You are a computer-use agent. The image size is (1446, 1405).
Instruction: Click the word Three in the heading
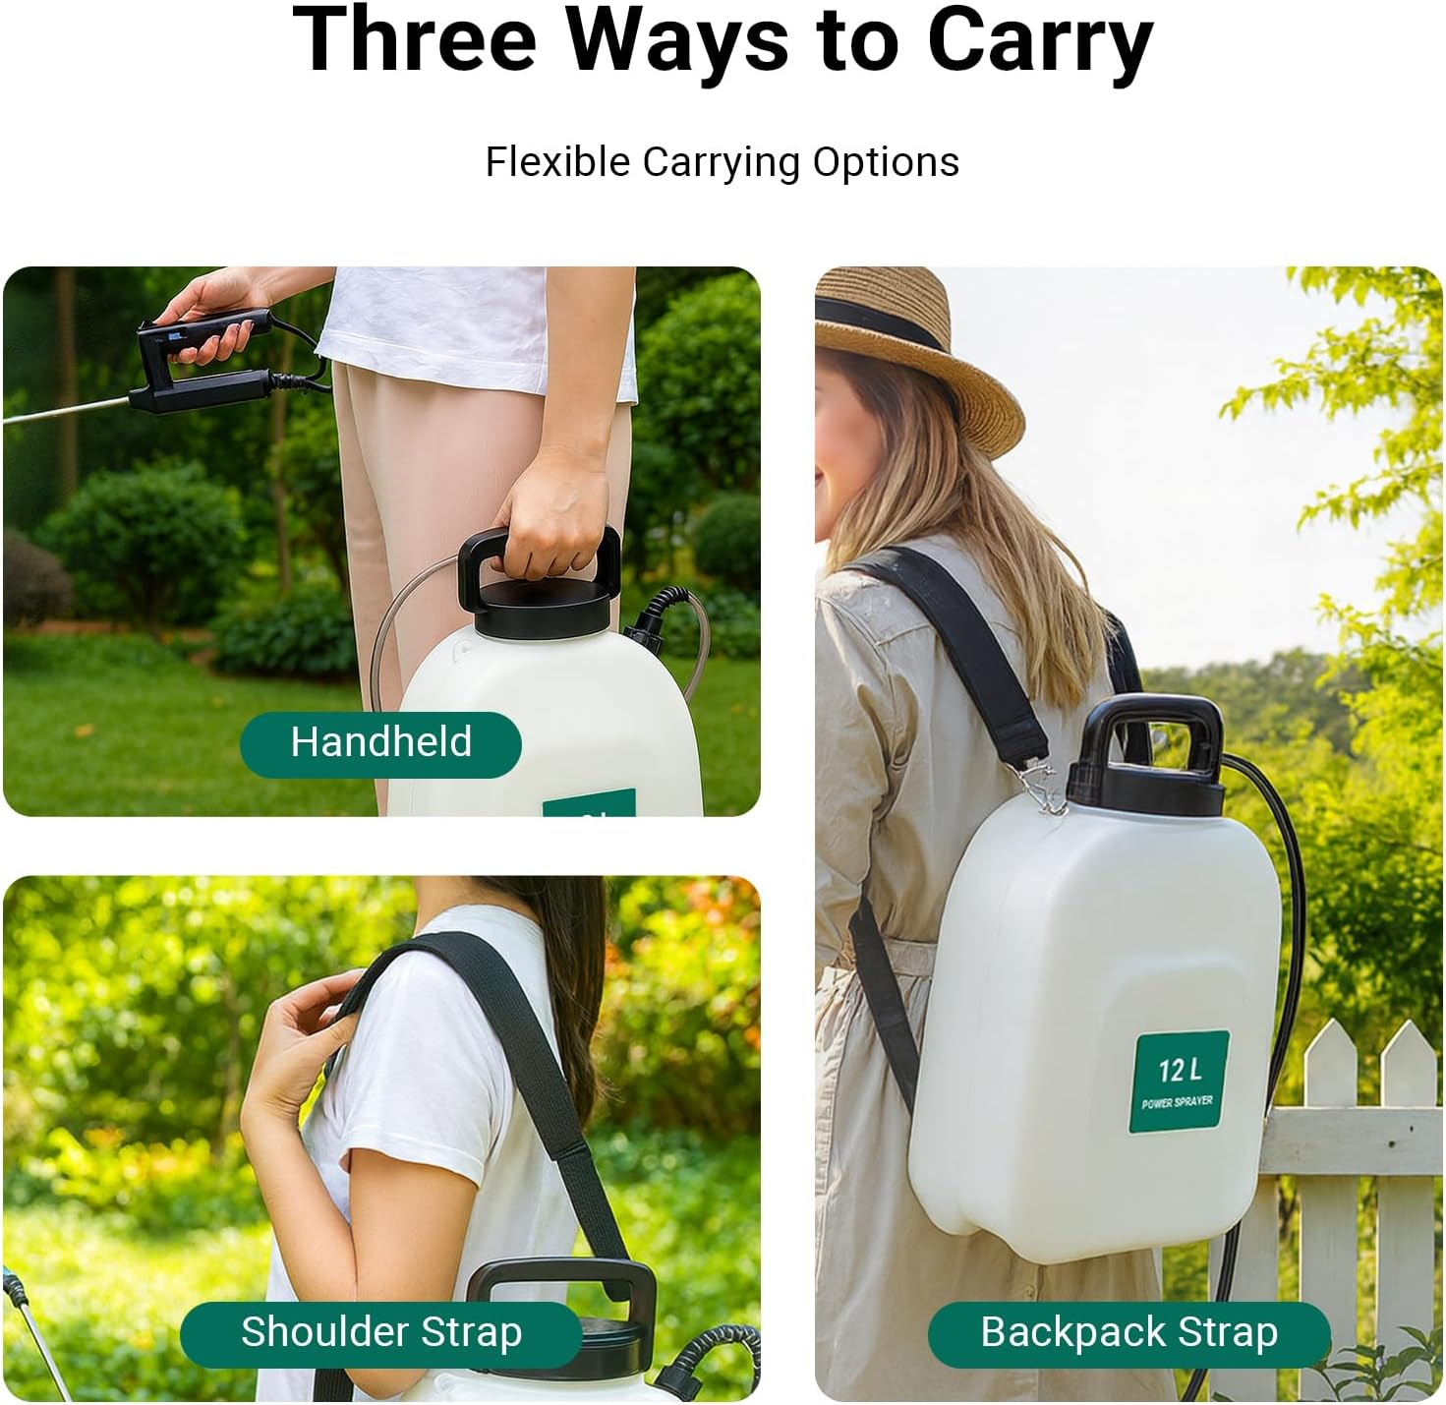pos(414,41)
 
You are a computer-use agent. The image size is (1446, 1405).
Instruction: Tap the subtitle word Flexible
pos(557,162)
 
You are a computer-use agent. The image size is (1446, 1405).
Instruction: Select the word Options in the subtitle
pos(885,162)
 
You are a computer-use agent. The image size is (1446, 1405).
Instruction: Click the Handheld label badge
pos(380,743)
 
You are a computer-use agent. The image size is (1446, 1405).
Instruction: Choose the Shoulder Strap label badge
pos(380,1333)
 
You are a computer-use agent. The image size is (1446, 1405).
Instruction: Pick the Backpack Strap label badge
pos(1128,1333)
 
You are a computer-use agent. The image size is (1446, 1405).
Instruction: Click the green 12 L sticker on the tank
pos(1179,1082)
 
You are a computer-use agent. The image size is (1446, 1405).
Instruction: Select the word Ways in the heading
pos(677,41)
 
